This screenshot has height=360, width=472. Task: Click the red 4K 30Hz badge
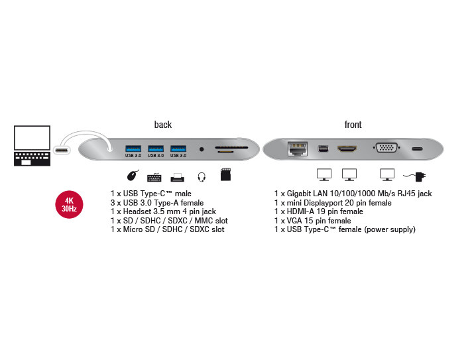point(70,204)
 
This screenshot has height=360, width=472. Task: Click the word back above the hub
point(163,125)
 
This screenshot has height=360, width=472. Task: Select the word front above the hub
point(353,125)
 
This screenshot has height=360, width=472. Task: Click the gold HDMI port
point(347,149)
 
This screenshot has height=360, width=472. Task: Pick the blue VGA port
point(386,148)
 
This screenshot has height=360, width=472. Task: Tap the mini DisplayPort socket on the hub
point(323,149)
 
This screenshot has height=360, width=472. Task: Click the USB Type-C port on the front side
point(418,149)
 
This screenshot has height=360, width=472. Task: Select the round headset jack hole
point(202,149)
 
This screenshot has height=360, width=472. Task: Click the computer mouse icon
point(133,176)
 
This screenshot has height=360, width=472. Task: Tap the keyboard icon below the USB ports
point(154,176)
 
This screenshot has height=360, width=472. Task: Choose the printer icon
point(178,176)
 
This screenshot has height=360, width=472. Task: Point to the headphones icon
point(202,176)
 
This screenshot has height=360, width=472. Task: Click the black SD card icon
point(225,175)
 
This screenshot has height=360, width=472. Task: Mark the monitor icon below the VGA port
point(387,175)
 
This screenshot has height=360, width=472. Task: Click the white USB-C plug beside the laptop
point(68,149)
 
